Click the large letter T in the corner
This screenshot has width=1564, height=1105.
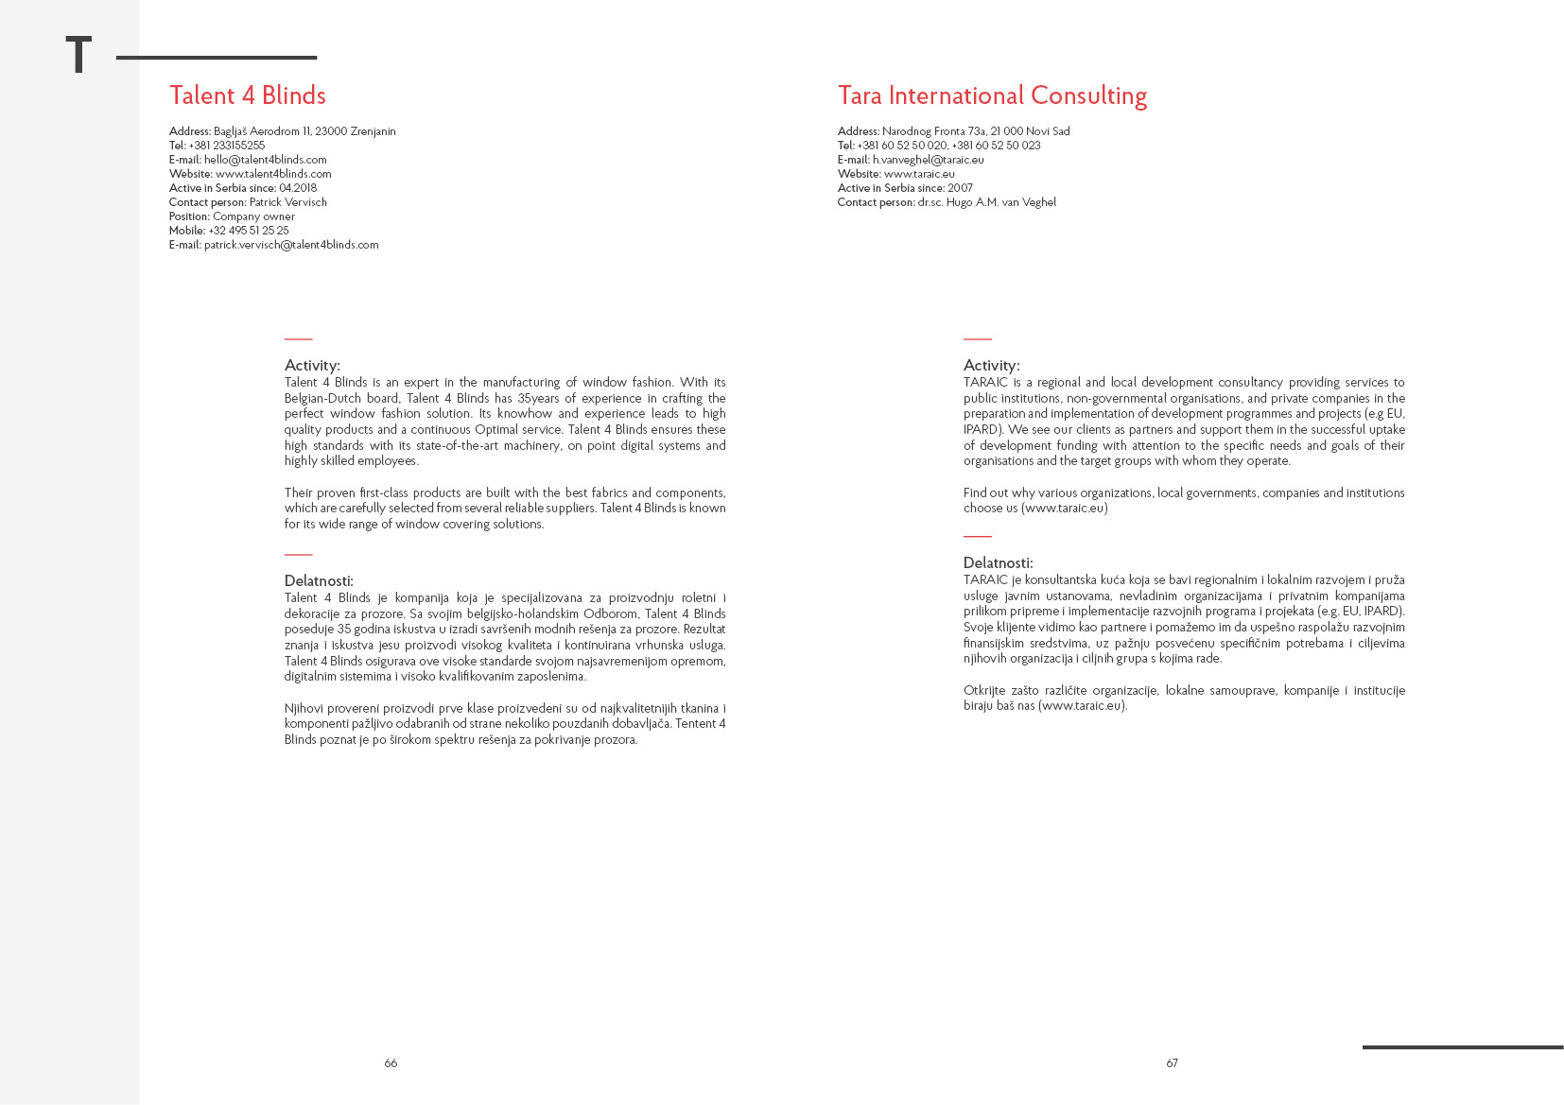pyautogui.click(x=78, y=55)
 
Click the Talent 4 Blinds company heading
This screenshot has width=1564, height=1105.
pyautogui.click(x=248, y=95)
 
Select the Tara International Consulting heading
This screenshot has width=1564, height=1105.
pyautogui.click(x=992, y=95)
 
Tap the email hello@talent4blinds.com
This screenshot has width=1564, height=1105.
pyautogui.click(x=265, y=160)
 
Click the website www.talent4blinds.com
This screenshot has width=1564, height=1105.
pyautogui.click(x=273, y=174)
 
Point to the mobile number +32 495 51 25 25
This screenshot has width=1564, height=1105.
pyautogui.click(x=249, y=231)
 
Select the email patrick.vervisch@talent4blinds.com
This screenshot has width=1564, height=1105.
pyautogui.click(x=291, y=245)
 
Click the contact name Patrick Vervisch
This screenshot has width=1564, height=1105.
pyautogui.click(x=287, y=202)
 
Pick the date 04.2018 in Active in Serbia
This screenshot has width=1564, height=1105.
pyautogui.click(x=298, y=188)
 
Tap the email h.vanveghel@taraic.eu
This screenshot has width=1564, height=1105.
pyautogui.click(x=928, y=160)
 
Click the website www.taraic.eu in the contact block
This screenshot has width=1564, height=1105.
pyautogui.click(x=919, y=174)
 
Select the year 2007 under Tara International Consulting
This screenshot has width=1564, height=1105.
pyautogui.click(x=960, y=188)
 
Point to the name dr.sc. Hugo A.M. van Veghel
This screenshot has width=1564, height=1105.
pyautogui.click(x=986, y=202)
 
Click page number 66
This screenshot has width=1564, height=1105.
pyautogui.click(x=391, y=1063)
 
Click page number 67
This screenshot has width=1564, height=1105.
pyautogui.click(x=1172, y=1063)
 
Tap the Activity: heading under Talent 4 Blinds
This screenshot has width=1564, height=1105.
pyautogui.click(x=312, y=366)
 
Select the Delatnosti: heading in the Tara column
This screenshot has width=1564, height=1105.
pyautogui.click(x=998, y=563)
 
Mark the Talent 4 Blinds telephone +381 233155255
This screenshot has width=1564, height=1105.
pyautogui.click(x=227, y=146)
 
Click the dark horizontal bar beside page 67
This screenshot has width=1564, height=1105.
pyautogui.click(x=1462, y=1047)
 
